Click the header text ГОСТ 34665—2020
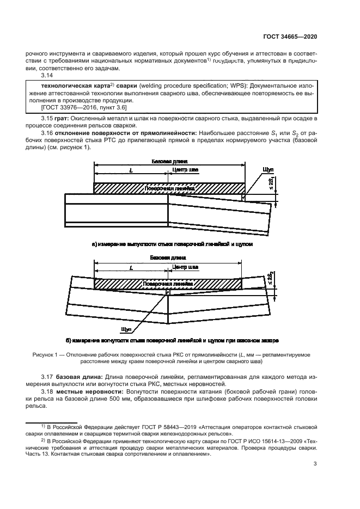[290, 37]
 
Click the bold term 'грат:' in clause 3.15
[69, 119]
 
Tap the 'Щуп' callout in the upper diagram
[267, 170]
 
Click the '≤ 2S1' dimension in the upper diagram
[273, 186]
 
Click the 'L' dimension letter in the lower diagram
[131, 267]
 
